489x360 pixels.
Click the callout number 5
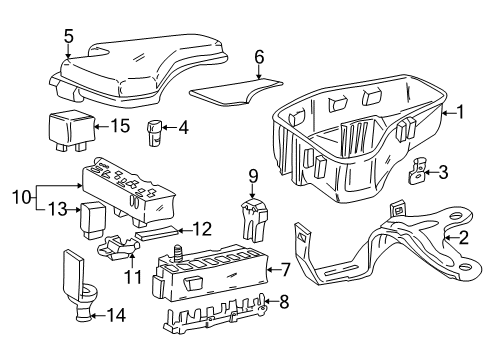click(x=67, y=37)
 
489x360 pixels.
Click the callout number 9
click(x=253, y=177)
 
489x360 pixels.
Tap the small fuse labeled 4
click(x=156, y=128)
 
